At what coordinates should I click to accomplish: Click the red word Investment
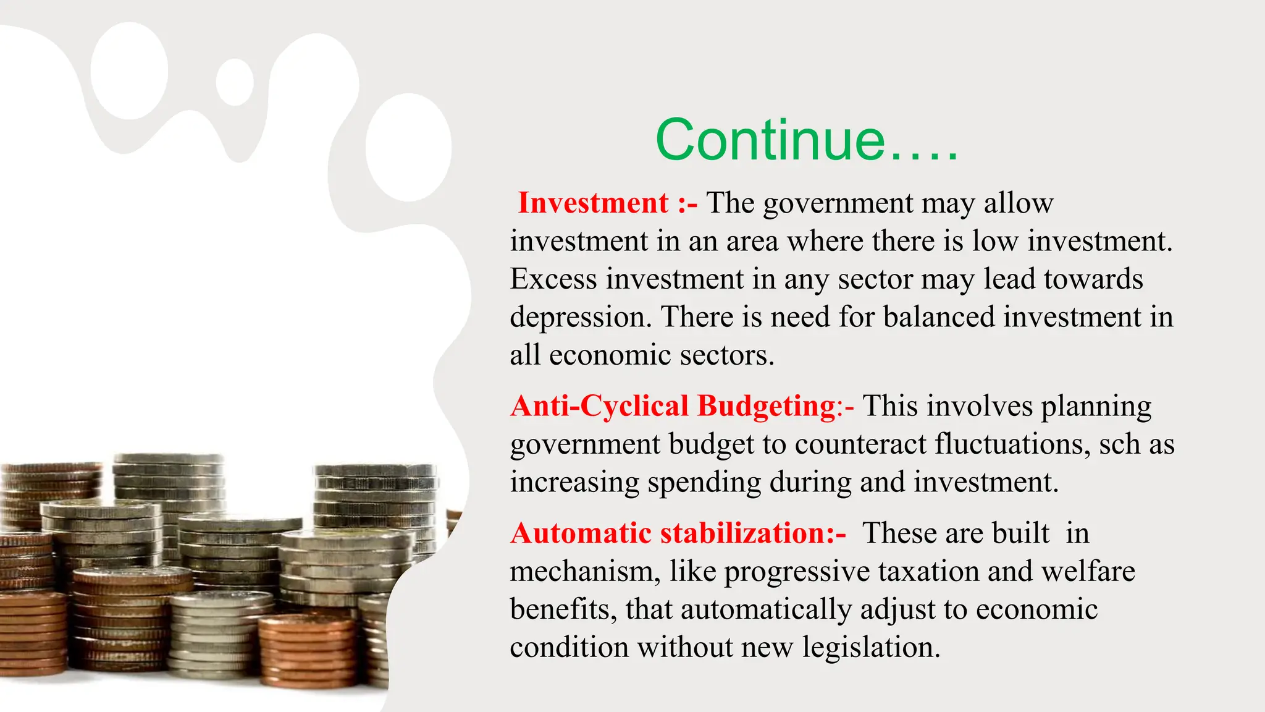[593, 203]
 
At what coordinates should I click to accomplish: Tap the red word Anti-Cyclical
[599, 406]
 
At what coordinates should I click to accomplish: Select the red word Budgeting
[766, 406]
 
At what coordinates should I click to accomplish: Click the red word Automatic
[581, 533]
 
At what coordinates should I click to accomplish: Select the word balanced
[939, 317]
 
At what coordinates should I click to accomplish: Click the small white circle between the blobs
[235, 82]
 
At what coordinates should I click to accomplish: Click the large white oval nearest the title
[408, 147]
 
